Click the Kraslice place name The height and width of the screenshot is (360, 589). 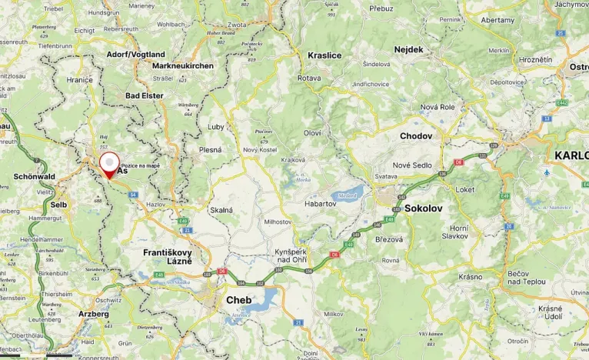[324, 55]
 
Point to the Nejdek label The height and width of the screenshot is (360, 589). [408, 49]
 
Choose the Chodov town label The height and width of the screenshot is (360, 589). [416, 136]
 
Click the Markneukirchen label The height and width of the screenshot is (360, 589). [183, 66]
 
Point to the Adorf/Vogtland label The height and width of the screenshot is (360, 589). [136, 55]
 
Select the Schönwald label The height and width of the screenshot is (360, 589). [35, 176]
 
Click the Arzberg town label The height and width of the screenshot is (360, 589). [94, 314]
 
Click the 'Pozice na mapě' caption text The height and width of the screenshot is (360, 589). [141, 165]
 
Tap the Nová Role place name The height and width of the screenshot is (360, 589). [438, 107]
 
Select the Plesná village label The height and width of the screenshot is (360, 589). [210, 150]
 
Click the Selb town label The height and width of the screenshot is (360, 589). [58, 205]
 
